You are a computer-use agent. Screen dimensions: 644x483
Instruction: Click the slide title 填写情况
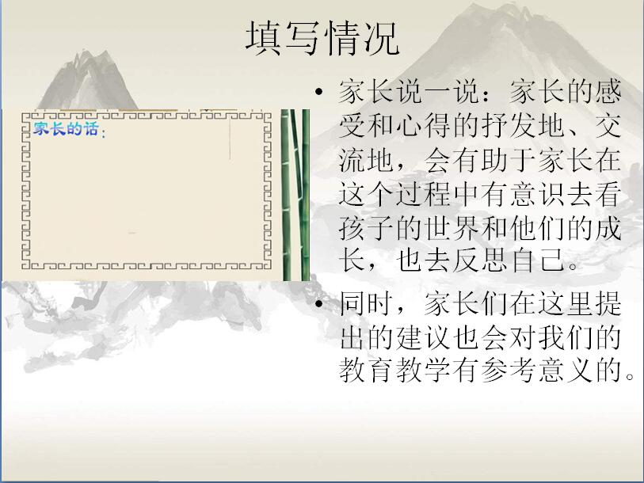(322, 38)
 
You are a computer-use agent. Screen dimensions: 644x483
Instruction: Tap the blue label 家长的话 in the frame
(66, 128)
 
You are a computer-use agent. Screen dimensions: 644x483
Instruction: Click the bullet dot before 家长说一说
(319, 91)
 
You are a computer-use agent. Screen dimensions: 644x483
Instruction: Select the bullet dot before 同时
(319, 304)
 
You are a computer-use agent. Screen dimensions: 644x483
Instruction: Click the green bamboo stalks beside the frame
(295, 195)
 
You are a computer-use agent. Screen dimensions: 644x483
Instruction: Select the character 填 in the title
(263, 38)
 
